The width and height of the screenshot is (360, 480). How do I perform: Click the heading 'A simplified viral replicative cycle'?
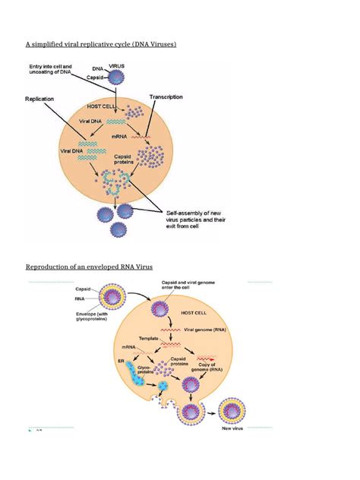(x=102, y=46)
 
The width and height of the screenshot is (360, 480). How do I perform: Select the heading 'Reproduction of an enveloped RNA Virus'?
(x=99, y=267)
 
